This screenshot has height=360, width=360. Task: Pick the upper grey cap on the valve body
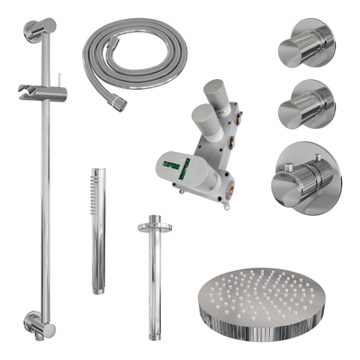coord(218,94)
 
